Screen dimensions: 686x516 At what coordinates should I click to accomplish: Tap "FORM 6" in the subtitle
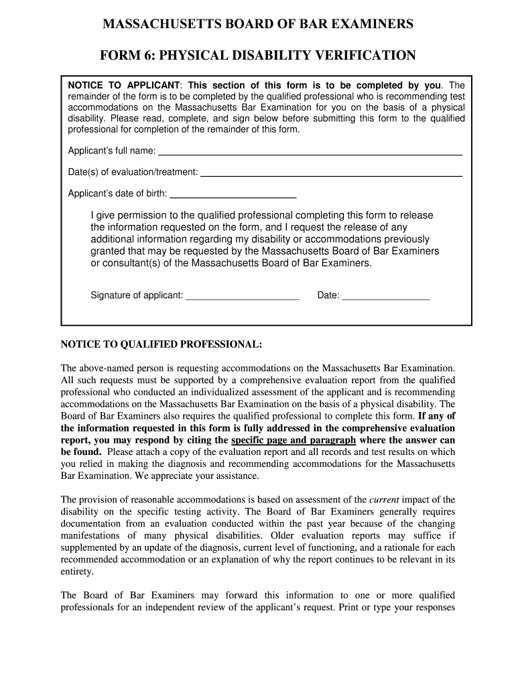click(127, 56)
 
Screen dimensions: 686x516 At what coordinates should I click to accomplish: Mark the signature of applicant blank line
click(242, 296)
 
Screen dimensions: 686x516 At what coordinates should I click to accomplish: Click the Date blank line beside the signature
click(385, 296)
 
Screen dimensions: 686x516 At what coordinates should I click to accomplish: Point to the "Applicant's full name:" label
click(112, 151)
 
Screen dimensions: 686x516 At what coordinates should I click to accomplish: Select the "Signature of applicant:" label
click(137, 295)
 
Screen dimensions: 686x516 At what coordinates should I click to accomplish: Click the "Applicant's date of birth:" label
click(118, 194)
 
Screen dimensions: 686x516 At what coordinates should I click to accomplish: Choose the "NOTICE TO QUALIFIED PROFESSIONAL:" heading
click(162, 344)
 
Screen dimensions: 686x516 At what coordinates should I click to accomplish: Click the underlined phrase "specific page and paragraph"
click(294, 440)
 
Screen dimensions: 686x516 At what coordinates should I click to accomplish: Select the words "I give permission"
click(127, 215)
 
